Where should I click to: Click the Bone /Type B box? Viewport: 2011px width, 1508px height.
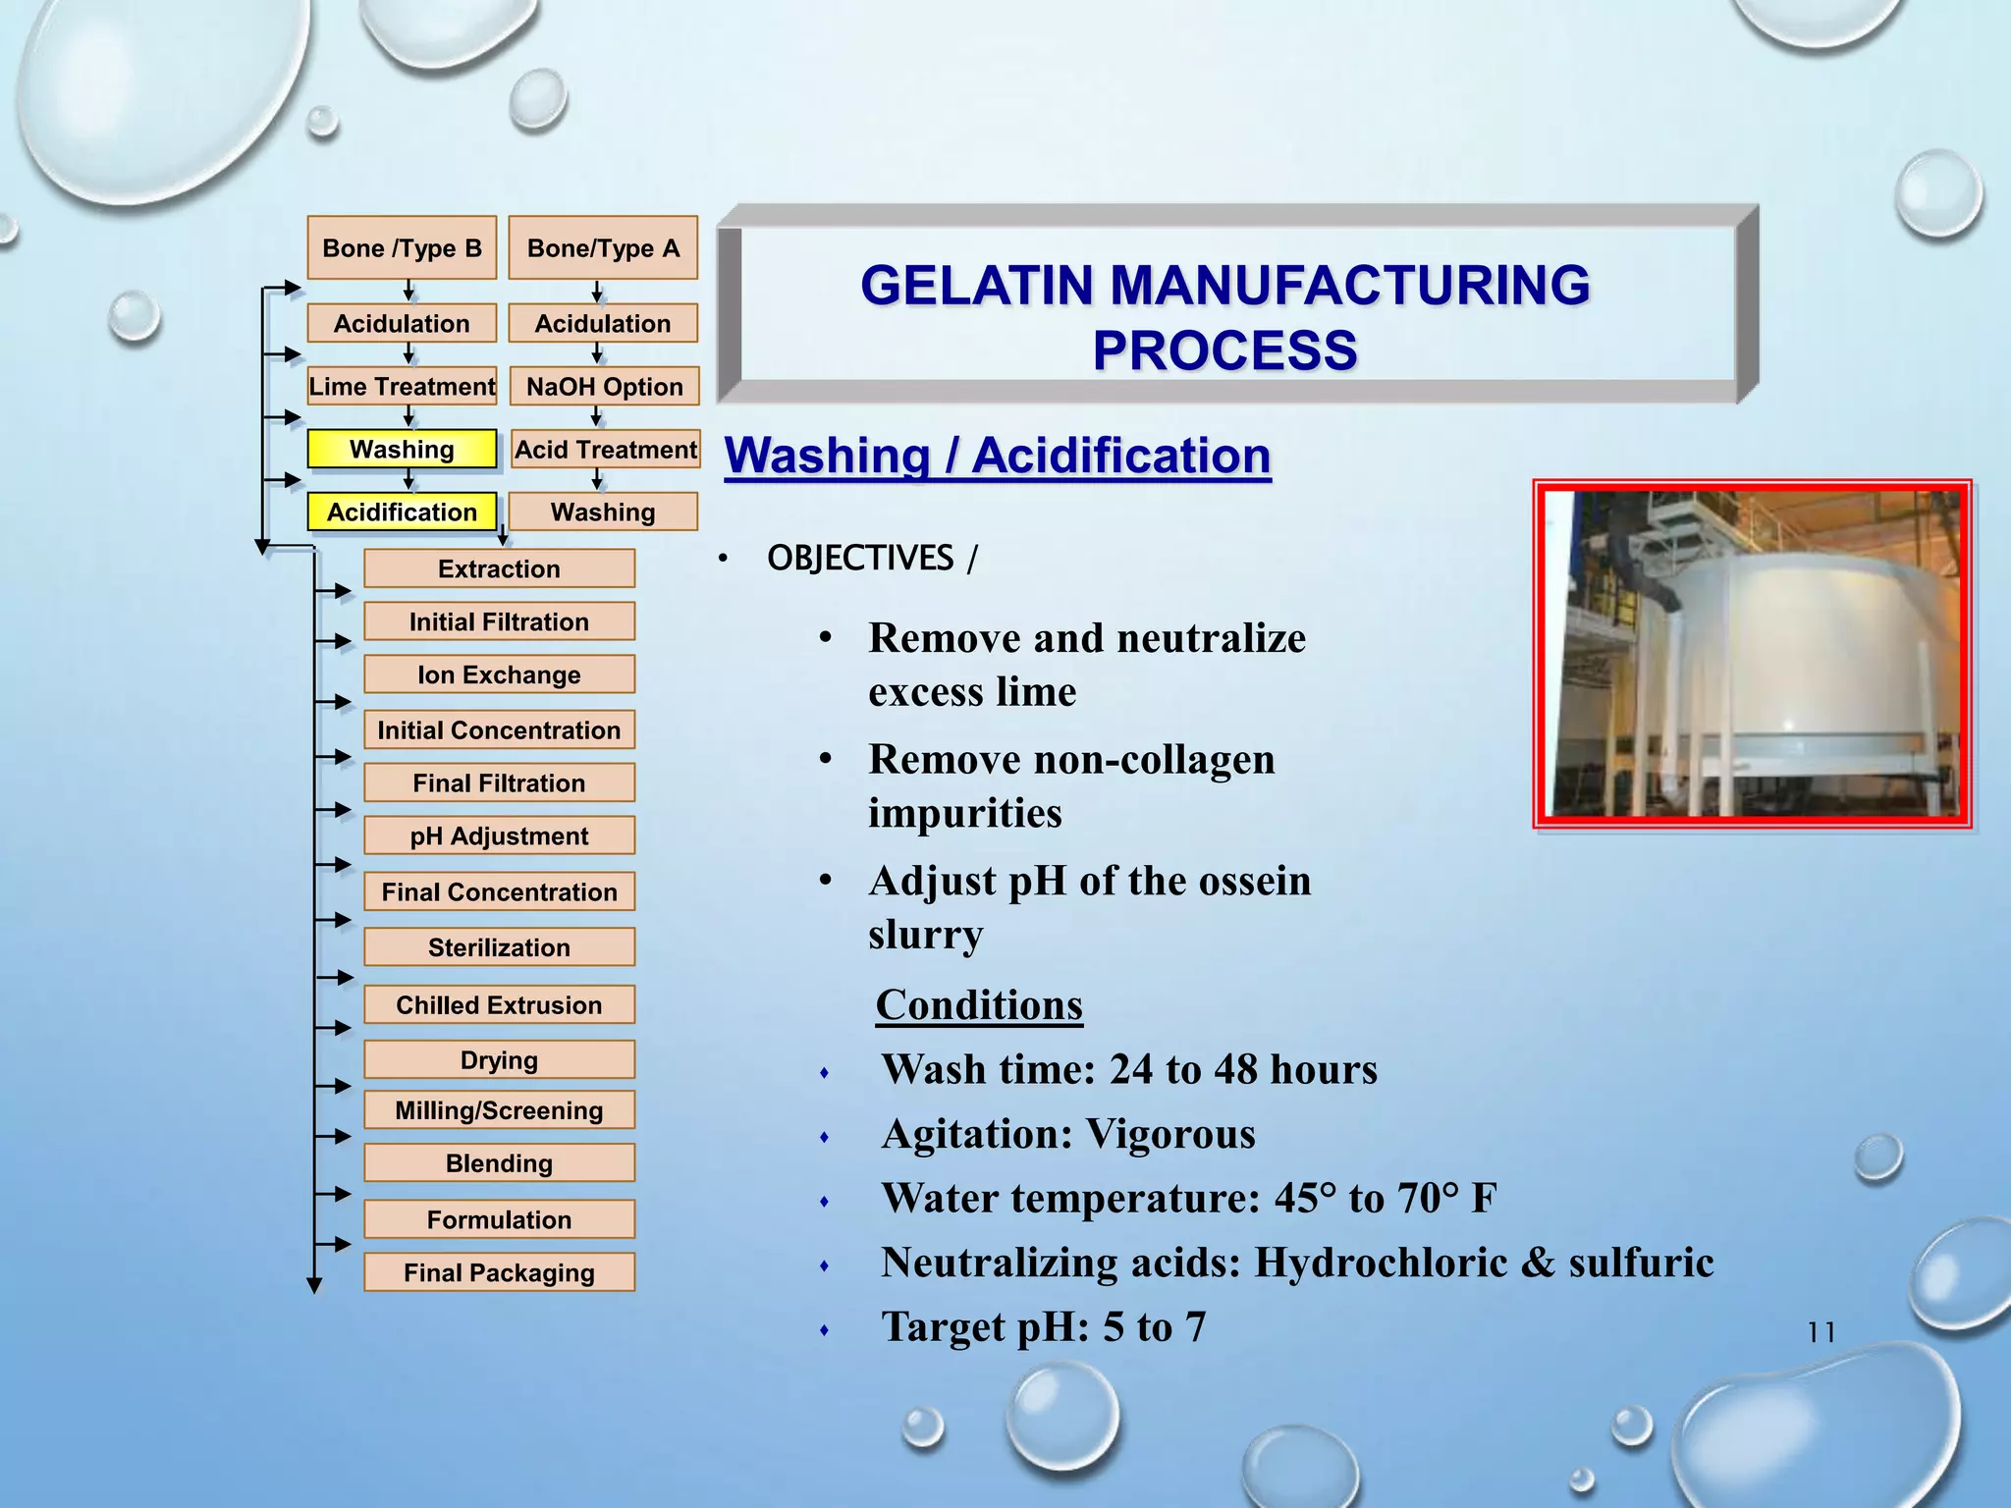click(x=402, y=248)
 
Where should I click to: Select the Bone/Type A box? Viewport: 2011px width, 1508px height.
click(x=603, y=248)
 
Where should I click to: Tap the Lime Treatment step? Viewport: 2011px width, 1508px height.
click(x=402, y=387)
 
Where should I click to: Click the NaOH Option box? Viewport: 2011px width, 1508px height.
click(x=604, y=387)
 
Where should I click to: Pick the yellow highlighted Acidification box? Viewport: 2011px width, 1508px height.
click(x=402, y=512)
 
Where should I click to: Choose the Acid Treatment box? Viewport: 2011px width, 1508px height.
click(x=606, y=450)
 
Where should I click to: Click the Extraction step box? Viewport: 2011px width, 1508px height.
click(x=499, y=569)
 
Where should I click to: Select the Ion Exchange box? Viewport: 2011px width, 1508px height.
click(x=499, y=675)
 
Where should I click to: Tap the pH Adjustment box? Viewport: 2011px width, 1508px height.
click(x=499, y=836)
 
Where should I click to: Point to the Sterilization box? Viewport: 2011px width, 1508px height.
click(x=499, y=947)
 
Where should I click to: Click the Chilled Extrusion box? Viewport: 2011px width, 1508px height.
click(x=499, y=1005)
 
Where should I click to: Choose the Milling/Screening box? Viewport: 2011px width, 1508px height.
click(x=499, y=1110)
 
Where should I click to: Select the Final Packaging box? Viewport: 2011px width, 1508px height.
click(x=499, y=1273)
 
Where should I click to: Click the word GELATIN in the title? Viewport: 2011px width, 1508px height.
click(x=979, y=286)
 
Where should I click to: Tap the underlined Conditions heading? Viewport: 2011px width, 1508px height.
click(x=979, y=1005)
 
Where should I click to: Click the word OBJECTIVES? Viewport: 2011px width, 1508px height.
click(x=860, y=559)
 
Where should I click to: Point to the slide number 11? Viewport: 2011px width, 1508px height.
click(x=1821, y=1332)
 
